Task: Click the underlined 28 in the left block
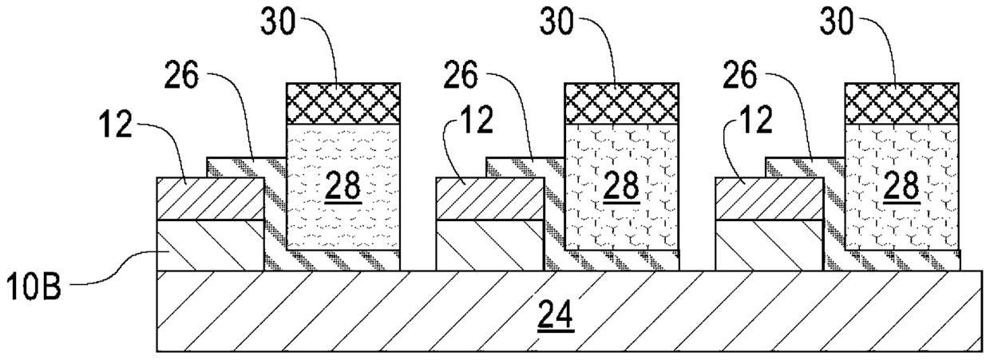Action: point(343,185)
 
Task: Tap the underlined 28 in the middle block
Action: point(623,185)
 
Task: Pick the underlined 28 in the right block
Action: point(902,185)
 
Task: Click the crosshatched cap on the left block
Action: point(343,103)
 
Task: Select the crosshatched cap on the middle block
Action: point(623,103)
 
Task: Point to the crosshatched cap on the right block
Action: point(902,103)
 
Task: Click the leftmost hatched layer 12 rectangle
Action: point(210,198)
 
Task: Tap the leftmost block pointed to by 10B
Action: point(210,244)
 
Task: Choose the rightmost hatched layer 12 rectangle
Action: point(769,198)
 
